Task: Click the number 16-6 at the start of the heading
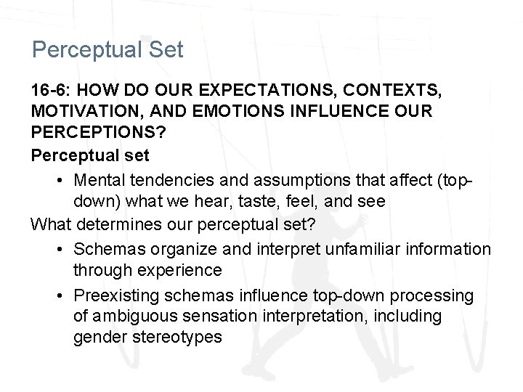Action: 50,91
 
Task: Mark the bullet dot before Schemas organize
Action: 59,248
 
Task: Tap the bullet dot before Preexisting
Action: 59,295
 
